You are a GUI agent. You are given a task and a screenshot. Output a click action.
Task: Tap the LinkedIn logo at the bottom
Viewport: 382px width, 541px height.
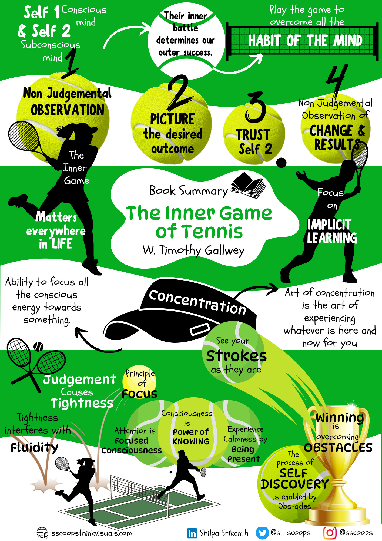pos(192,533)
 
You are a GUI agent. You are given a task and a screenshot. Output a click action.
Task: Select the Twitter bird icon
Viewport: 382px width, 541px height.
pos(262,533)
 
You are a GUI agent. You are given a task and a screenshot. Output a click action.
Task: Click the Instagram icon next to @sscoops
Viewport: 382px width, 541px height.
pos(330,533)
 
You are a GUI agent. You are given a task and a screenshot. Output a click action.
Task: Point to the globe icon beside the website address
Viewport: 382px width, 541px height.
pos(42,533)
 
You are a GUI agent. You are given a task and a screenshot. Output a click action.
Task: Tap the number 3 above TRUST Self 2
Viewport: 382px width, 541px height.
pos(255,107)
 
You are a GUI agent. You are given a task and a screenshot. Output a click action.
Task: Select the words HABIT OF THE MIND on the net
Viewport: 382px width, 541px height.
pos(305,41)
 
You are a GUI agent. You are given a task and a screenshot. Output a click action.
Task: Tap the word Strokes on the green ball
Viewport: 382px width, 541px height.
pos(236,356)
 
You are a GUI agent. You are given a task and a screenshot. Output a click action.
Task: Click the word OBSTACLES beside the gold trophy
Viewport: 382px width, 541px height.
pos(338,448)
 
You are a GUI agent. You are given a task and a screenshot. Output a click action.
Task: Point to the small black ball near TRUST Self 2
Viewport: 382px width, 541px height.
pos(281,163)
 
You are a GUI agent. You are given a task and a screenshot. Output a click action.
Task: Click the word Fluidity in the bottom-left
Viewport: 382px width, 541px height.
pos(34,448)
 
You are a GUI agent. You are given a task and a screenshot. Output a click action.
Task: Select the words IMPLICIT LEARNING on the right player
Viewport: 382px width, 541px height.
pos(331,232)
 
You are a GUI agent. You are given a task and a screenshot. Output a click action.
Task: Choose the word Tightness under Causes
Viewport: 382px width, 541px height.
pos(82,403)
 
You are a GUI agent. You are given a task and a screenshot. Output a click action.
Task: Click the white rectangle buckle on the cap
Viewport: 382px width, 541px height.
pos(200,329)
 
